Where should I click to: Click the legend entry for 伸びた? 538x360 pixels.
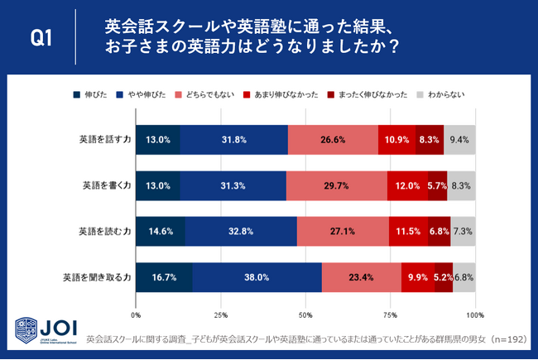[x=92, y=96]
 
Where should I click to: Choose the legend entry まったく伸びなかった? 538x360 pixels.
[x=367, y=96]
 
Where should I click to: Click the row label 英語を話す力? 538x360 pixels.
[x=102, y=140]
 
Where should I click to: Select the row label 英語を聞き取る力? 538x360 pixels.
[x=96, y=277]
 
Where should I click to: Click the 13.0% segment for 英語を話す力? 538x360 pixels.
[x=158, y=140]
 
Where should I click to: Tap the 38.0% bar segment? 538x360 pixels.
[x=257, y=277]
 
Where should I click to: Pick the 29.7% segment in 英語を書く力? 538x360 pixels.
[x=336, y=185]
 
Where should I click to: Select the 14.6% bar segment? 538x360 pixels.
[x=161, y=231]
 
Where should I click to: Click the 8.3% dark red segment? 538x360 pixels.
[x=430, y=140]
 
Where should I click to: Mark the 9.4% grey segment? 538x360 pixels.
[x=459, y=140]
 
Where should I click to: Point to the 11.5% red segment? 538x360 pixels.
[x=408, y=231]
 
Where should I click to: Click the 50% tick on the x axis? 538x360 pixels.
[x=305, y=315]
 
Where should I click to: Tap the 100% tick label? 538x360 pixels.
[x=474, y=315]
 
